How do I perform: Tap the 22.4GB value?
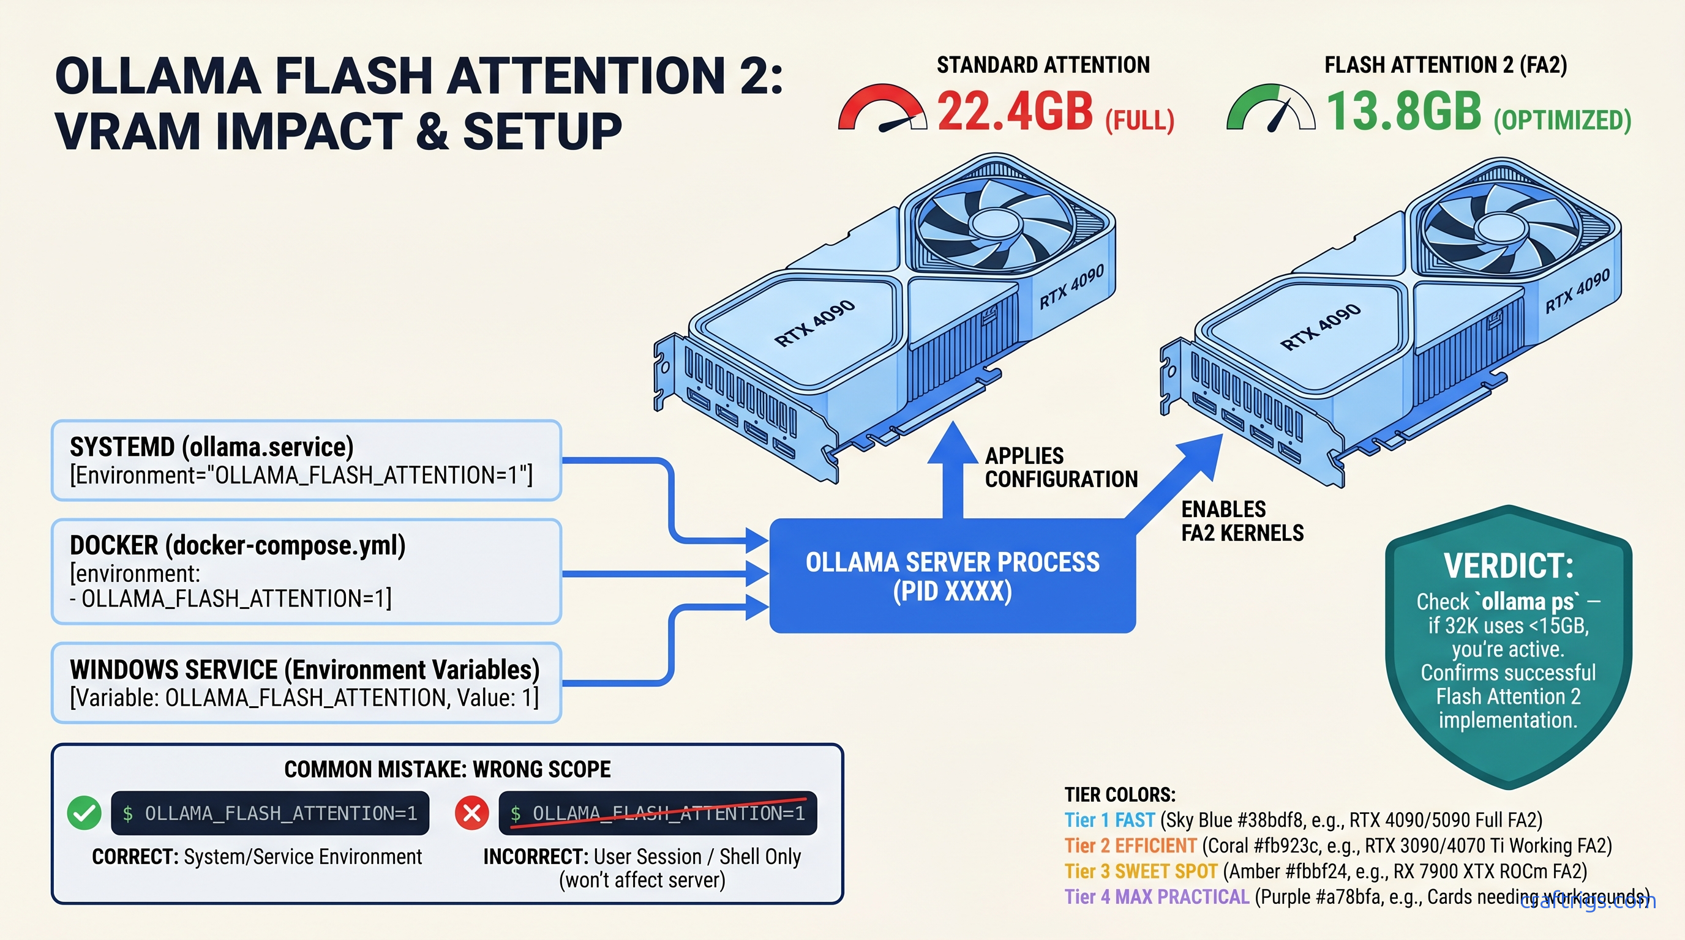(1015, 111)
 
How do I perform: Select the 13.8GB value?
(1403, 111)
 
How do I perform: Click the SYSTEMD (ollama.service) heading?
(211, 447)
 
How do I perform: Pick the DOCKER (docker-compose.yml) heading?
(238, 545)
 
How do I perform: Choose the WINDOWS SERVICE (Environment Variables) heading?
(304, 670)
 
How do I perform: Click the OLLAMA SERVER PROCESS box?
(952, 576)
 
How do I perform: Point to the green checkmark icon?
(84, 813)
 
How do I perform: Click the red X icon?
(471, 813)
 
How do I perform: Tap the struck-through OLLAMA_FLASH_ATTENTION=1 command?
(658, 813)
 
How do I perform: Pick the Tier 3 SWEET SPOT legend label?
(1141, 871)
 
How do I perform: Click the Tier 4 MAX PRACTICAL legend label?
(1157, 897)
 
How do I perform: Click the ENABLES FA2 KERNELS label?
(1242, 521)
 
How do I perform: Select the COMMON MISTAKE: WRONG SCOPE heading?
(448, 769)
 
